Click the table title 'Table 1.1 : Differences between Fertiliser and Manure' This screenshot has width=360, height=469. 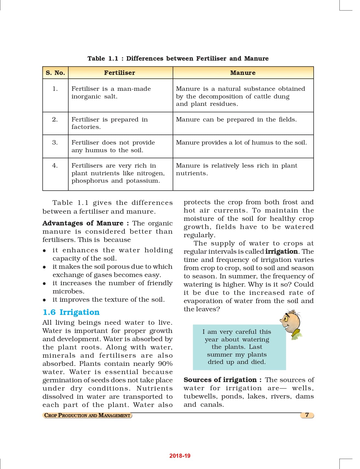[178, 58]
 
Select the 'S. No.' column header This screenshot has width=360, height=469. [55, 73]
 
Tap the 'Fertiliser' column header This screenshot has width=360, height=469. [120, 73]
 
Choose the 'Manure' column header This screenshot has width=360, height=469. [243, 73]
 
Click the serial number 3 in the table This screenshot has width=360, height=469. [55, 142]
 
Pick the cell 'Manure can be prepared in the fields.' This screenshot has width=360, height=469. [236, 120]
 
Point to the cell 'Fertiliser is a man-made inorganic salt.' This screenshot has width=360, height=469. [111, 92]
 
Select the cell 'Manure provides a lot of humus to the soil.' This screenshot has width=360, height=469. [241, 143]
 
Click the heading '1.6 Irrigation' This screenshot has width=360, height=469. [71, 312]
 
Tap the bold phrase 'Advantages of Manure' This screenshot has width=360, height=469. [83, 223]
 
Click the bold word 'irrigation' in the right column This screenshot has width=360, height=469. [282, 252]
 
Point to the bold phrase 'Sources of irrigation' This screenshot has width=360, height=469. [220, 380]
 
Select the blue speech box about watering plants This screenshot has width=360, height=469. [239, 347]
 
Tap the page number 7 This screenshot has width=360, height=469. [307, 415]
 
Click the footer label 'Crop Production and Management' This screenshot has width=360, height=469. [87, 415]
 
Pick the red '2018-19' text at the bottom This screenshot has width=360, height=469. [180, 456]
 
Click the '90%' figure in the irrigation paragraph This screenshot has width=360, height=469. [165, 364]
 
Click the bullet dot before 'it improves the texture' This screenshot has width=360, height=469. [44, 300]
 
